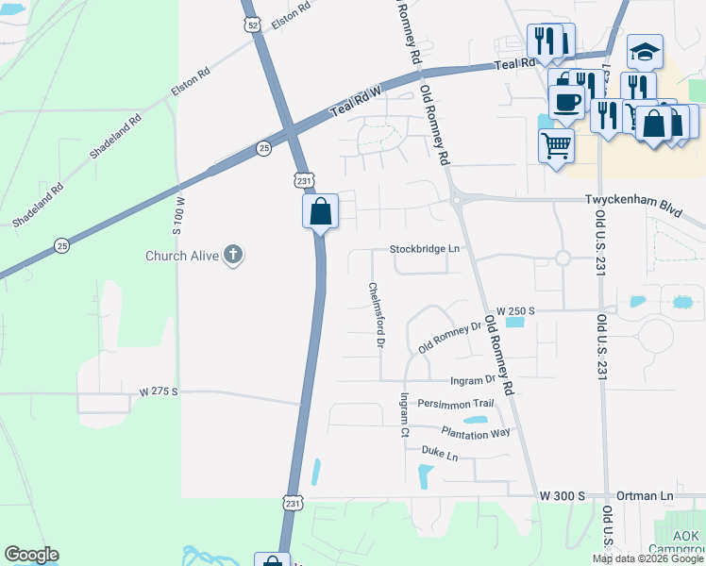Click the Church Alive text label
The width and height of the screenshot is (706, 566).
click(181, 256)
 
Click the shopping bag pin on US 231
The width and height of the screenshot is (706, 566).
click(320, 210)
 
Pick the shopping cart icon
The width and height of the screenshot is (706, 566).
click(556, 145)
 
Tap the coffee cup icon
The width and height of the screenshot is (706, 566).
click(566, 101)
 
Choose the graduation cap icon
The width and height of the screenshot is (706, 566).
click(646, 51)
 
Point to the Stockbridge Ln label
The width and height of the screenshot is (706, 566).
click(425, 249)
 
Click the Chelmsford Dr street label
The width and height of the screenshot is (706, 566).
click(376, 316)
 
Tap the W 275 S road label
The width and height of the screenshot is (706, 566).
click(159, 391)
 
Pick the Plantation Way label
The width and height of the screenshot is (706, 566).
click(475, 433)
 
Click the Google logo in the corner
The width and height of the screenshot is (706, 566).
click(31, 555)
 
